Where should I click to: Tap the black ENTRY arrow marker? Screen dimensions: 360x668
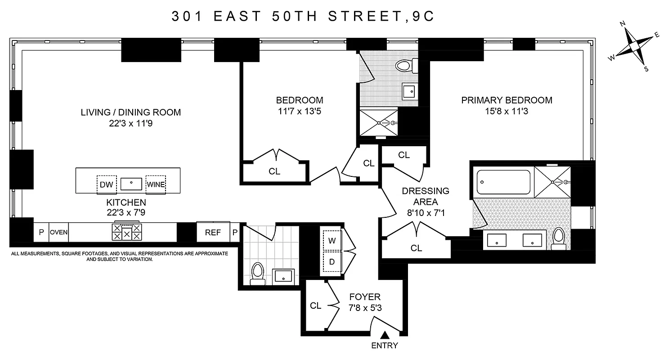click(x=385, y=335)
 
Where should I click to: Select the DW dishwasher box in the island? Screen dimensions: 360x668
click(x=107, y=184)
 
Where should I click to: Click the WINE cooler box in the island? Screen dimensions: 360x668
click(x=156, y=184)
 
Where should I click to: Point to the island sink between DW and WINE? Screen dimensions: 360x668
click(x=131, y=183)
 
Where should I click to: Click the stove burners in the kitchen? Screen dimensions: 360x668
click(x=127, y=233)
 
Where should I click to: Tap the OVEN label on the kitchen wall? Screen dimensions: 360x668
click(x=58, y=233)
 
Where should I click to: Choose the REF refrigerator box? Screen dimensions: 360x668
click(x=213, y=233)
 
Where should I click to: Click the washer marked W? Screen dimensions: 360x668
click(x=332, y=241)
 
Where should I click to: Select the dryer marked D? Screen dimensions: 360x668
click(x=332, y=262)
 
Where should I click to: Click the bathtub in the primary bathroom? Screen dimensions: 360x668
click(x=503, y=182)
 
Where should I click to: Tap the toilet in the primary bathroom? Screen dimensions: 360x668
click(x=558, y=238)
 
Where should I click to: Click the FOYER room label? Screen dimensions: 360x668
click(x=365, y=297)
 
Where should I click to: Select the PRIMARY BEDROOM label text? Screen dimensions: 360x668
click(x=507, y=100)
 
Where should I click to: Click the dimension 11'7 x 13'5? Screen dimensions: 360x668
click(x=299, y=111)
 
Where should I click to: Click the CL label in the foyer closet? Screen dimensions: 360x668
click(x=316, y=306)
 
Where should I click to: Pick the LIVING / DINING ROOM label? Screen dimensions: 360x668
click(x=130, y=112)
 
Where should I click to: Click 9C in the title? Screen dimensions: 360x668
click(x=423, y=16)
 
